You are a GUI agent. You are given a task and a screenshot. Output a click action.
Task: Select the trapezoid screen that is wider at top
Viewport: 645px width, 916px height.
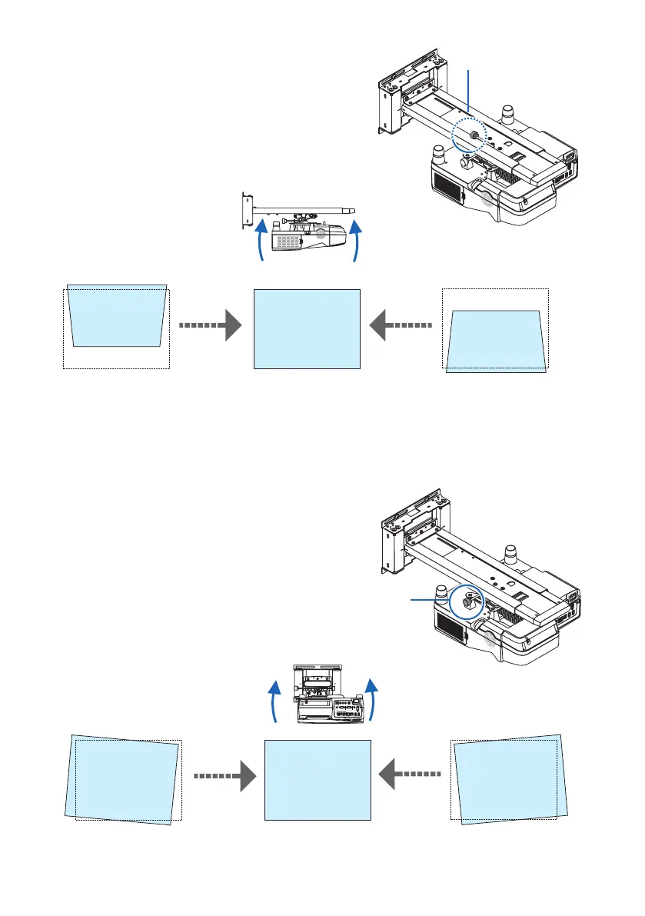116,317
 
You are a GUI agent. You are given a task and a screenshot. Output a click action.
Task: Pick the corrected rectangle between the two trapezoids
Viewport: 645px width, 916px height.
307,328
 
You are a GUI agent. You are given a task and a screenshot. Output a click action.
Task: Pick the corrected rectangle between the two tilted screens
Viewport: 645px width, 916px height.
318,781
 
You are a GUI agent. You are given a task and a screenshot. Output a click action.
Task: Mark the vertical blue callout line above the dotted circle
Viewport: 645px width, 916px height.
470,92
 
